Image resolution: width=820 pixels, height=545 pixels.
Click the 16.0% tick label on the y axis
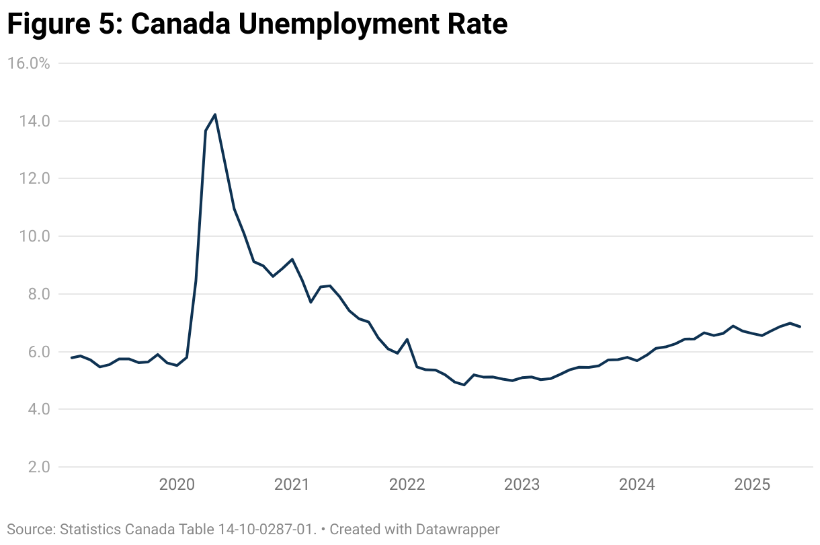pyautogui.click(x=28, y=63)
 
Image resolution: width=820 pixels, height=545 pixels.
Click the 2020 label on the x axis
pyautogui.click(x=177, y=484)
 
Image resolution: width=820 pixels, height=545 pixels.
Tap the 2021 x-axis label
pyautogui.click(x=292, y=484)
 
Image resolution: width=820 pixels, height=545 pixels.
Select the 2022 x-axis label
pyautogui.click(x=407, y=484)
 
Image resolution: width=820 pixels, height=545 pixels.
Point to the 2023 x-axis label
pyautogui.click(x=522, y=484)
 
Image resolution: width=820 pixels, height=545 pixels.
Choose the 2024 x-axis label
pyautogui.click(x=637, y=484)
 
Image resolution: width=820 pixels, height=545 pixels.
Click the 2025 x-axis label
pyautogui.click(x=751, y=484)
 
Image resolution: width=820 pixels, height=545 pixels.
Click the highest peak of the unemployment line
pyautogui.click(x=215, y=114)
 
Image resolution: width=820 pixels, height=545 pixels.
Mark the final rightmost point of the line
pyautogui.click(x=800, y=326)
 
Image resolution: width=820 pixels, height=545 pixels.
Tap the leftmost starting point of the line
pyautogui.click(x=71, y=357)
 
